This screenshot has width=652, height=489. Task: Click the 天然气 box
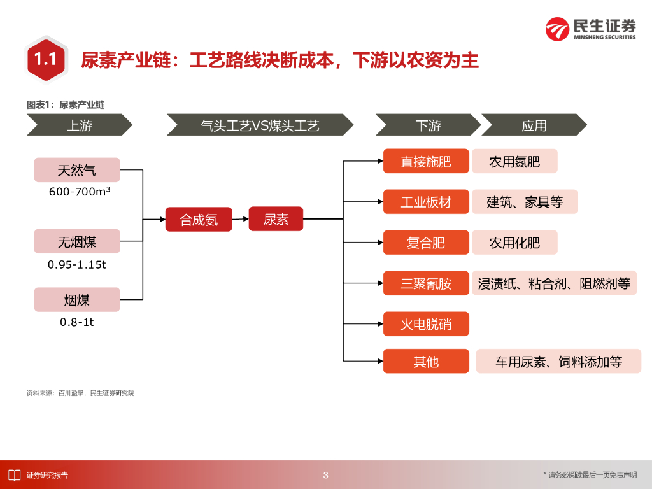[77, 170]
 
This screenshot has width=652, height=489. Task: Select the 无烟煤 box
[77, 241]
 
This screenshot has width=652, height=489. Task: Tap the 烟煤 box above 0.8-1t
[77, 300]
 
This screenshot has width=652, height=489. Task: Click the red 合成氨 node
[199, 220]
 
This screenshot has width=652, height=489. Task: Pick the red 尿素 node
[276, 219]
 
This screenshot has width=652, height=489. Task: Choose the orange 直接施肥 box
[426, 161]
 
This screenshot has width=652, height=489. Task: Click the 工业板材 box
[426, 202]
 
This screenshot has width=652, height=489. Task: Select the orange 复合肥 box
[426, 243]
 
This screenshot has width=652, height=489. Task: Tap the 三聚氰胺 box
[426, 283]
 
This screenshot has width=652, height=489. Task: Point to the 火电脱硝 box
[426, 324]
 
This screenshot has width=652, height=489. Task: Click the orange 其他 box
[426, 361]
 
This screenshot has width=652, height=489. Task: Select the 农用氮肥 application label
[514, 161]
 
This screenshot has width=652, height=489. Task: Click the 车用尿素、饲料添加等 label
[558, 362]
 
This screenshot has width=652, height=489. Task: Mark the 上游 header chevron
[79, 125]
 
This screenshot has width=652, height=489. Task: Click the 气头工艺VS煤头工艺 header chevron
[260, 125]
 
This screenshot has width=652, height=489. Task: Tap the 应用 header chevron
[534, 125]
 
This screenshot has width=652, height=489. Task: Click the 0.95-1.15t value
[77, 264]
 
